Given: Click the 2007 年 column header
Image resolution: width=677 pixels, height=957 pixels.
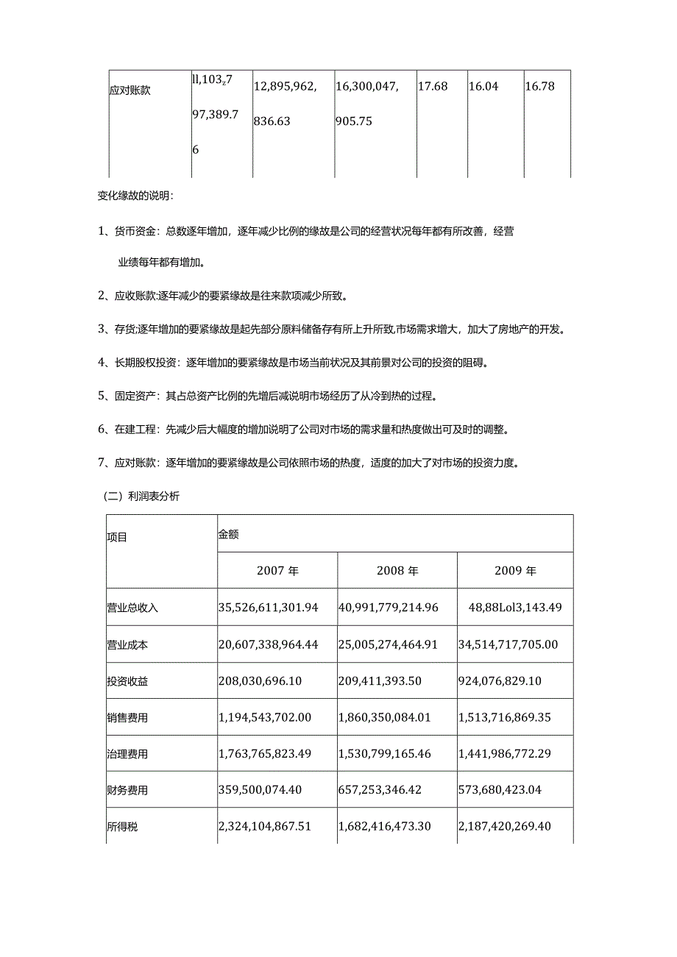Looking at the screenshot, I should (x=277, y=571).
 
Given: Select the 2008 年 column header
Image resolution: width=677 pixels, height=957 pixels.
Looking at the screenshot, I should (x=397, y=571).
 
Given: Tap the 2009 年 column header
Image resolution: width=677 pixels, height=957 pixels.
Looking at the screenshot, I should (x=515, y=571).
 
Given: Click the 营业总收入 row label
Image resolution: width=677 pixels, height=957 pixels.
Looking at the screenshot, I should (x=132, y=608).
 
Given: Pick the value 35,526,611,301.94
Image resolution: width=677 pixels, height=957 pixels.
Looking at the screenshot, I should (x=269, y=608).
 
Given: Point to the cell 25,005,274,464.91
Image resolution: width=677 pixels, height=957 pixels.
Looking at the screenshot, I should (x=388, y=644).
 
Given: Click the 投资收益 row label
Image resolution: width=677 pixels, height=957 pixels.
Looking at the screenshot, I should (x=127, y=681).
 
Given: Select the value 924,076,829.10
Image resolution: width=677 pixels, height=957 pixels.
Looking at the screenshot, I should (x=500, y=681).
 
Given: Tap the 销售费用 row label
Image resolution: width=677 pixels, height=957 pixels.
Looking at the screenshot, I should (x=127, y=717).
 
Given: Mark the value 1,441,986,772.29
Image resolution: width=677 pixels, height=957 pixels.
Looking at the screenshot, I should (x=508, y=754).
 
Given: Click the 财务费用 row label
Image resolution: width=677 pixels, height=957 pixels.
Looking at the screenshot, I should (x=127, y=790).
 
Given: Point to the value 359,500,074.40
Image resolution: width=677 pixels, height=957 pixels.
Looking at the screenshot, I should (x=260, y=790).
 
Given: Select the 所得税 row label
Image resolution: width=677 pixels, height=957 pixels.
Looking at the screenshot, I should (x=122, y=827).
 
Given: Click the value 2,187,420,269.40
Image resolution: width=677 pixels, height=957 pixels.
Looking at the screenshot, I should (x=508, y=827).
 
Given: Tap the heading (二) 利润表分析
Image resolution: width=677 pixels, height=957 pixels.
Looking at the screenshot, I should (x=140, y=497).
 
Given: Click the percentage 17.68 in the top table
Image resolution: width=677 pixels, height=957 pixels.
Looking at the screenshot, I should (x=432, y=87).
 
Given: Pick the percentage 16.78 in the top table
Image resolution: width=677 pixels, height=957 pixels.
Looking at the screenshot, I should (x=539, y=87).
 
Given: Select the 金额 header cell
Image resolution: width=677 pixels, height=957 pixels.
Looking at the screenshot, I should (x=228, y=535).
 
